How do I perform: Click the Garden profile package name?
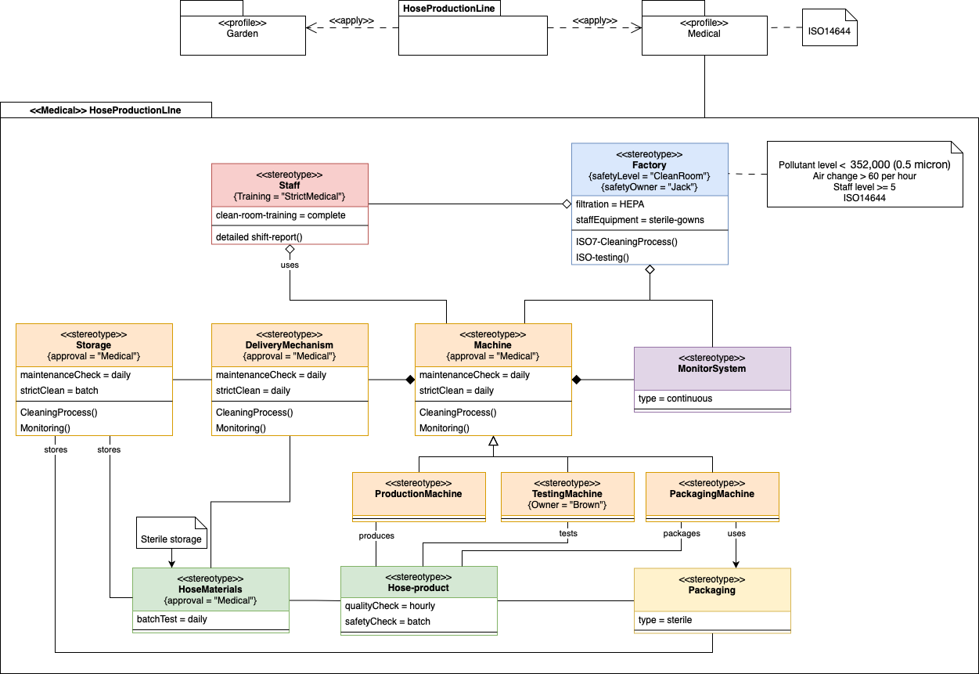coord(243,34)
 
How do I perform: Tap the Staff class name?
coord(289,186)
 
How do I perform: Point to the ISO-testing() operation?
coord(603,257)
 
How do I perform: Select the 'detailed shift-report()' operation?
coord(258,236)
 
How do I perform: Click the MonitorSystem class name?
coord(712,369)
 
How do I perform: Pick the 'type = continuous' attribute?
coord(675,398)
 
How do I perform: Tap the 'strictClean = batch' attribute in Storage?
coord(59,391)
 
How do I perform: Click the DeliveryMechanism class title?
coord(289,345)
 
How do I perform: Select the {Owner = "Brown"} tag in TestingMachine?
coord(567,505)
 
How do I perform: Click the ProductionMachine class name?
coord(419,494)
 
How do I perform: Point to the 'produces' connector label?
coord(376,535)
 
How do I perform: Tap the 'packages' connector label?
coord(681,534)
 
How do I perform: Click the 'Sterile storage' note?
coord(171,539)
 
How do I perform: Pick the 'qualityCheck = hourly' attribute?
coord(390,606)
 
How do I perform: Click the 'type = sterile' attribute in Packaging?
coord(665,620)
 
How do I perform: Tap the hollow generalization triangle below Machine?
coord(493,442)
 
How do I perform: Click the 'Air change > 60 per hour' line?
coord(864,176)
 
